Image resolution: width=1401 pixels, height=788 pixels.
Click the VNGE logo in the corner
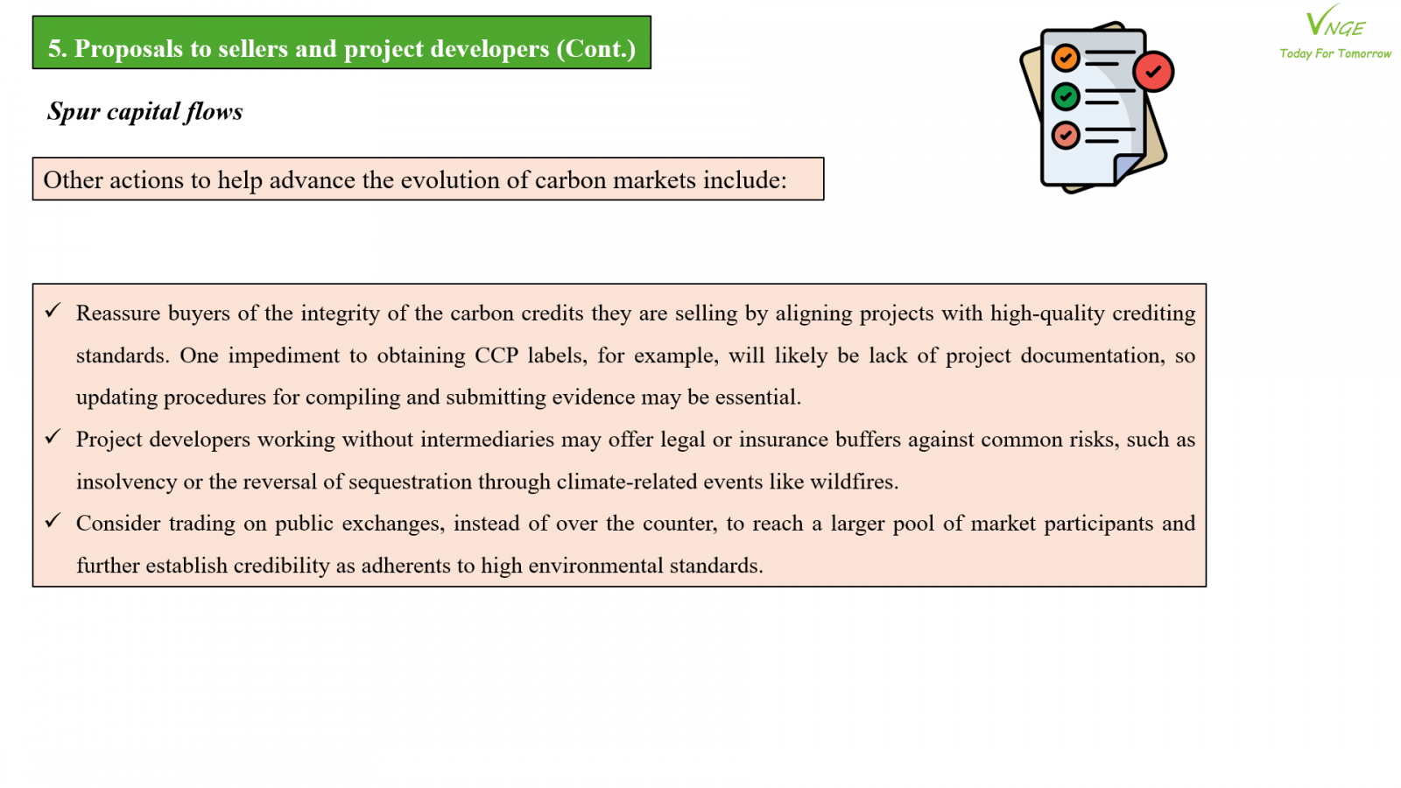[x=1335, y=22]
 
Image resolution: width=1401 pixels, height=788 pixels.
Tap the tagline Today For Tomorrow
[x=1335, y=53]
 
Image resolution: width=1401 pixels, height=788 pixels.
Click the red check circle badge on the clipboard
[x=1153, y=71]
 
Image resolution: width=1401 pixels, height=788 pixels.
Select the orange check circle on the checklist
[x=1065, y=58]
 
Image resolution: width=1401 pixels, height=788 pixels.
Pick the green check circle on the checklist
[x=1065, y=97]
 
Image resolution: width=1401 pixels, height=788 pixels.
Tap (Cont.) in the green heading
[x=596, y=49]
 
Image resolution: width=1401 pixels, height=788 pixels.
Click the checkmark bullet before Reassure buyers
[x=53, y=310]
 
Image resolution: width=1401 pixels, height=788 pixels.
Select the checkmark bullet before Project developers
[x=53, y=437]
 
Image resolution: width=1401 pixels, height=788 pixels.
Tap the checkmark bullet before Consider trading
[x=53, y=520]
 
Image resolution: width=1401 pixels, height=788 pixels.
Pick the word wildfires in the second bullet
[x=854, y=482]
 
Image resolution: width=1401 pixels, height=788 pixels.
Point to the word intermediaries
[x=487, y=439]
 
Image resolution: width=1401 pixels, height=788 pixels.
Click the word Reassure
[x=118, y=313]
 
